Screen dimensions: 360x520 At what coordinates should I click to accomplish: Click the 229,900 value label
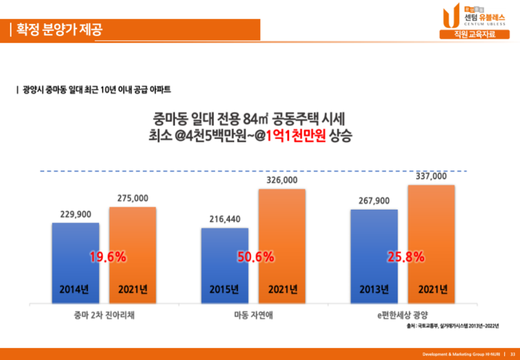75,214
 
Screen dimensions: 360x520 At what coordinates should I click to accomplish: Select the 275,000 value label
133,199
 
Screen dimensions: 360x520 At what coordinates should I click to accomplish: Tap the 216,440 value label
225,219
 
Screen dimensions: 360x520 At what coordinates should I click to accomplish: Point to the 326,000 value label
282,180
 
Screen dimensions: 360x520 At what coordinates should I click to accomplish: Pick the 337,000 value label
431,176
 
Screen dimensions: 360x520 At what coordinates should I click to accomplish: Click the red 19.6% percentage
108,257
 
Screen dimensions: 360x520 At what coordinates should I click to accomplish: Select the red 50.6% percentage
256,257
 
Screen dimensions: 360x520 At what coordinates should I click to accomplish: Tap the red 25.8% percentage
406,257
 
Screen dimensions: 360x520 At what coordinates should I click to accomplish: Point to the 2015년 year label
224,289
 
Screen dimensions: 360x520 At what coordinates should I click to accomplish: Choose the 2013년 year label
374,289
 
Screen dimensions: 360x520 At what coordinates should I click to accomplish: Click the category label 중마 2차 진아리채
104,315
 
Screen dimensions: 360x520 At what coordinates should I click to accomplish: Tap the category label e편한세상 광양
403,315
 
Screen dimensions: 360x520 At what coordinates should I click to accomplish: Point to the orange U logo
450,16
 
